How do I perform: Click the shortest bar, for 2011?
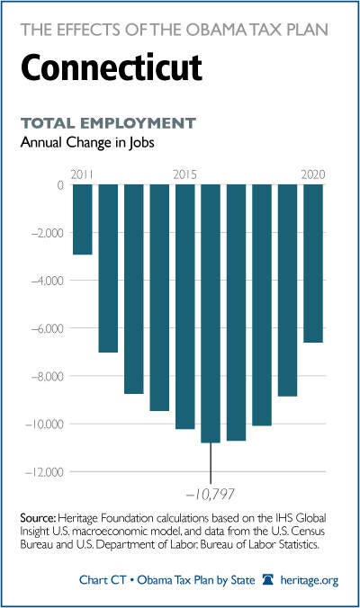[x=83, y=219]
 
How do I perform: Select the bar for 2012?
[x=108, y=268]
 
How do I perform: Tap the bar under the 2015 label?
[x=185, y=307]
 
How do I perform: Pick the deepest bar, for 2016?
[x=211, y=313]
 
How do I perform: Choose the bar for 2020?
[x=313, y=264]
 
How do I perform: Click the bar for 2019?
[x=287, y=291]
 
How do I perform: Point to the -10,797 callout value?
[x=211, y=495]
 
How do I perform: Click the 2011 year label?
[x=82, y=174]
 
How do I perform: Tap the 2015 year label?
[x=185, y=174]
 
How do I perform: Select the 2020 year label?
[x=313, y=174]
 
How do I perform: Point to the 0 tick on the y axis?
[x=60, y=185]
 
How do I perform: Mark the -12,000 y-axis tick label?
[x=44, y=473]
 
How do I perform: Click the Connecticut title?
[x=112, y=67]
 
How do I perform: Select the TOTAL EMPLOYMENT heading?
[x=108, y=123]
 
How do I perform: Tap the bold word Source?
[x=39, y=518]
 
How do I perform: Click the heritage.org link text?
[x=310, y=580]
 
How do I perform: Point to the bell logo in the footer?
[x=267, y=580]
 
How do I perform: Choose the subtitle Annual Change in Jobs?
[x=87, y=143]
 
